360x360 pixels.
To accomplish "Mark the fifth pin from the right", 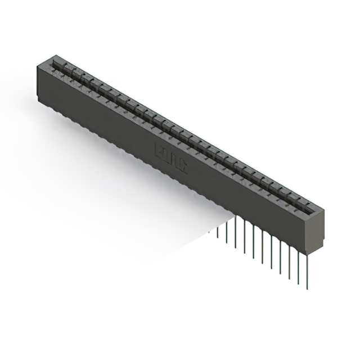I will click(x=271, y=247).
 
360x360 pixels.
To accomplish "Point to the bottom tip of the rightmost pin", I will click(x=307, y=289).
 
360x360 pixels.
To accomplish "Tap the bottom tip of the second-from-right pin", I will click(x=298, y=283).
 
